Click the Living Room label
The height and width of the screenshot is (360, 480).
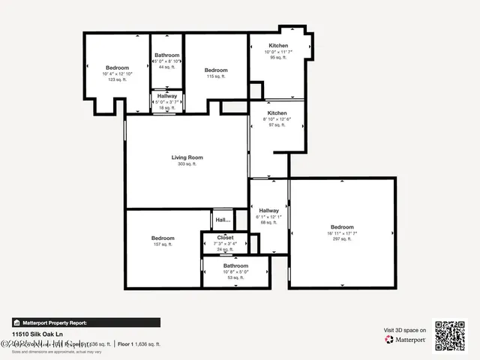[x=187, y=157]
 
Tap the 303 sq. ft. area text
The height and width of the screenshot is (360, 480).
[x=187, y=164]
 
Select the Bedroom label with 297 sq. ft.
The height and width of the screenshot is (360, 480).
[x=342, y=227]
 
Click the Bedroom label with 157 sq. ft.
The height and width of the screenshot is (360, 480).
[x=163, y=238]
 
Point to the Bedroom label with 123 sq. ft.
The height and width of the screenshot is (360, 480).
[x=117, y=67]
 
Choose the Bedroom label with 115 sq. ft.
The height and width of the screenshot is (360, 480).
[x=216, y=70]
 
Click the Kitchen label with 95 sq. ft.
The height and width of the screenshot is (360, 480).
[x=277, y=46]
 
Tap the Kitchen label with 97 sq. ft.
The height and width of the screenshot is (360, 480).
[x=277, y=113]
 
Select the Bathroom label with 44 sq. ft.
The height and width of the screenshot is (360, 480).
[x=167, y=55]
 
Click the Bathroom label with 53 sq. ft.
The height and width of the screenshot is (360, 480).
[x=235, y=265]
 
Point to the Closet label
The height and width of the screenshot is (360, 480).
[x=225, y=238]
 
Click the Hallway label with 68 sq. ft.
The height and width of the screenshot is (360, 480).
[x=268, y=211]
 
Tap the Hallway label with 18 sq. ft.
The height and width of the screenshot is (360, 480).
[x=167, y=96]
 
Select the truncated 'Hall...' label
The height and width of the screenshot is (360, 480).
[x=223, y=220]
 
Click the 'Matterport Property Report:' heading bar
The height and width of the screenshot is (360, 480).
[x=85, y=322]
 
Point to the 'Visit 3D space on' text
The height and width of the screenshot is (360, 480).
[x=405, y=330]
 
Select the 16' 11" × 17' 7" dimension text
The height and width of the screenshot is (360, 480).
[x=342, y=234]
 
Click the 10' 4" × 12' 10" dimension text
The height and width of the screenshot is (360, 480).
[x=117, y=73]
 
